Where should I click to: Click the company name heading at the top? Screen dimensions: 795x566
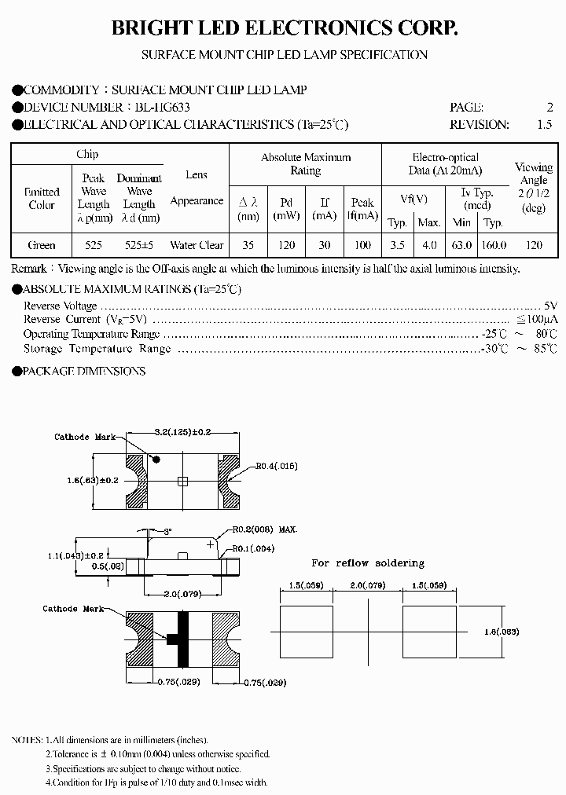point(283,29)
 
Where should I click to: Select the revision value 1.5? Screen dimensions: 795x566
point(544,124)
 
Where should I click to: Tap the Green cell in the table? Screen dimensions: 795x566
point(42,245)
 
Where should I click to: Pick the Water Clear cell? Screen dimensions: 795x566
point(197,245)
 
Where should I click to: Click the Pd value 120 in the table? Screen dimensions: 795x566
point(286,245)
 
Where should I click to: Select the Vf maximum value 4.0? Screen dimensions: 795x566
point(429,245)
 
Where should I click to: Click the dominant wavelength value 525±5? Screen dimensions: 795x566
point(139,245)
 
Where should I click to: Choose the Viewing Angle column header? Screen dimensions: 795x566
point(534,187)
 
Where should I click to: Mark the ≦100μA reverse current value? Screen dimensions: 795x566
point(538,320)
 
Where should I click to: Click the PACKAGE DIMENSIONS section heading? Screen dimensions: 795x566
point(83,371)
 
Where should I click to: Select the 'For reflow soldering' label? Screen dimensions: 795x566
point(367,563)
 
